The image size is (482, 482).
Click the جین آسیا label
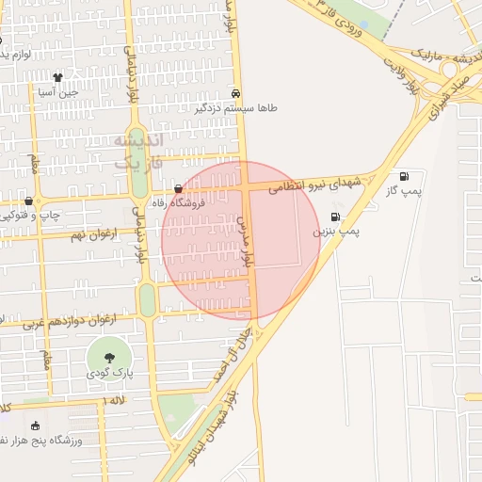tap(56, 92)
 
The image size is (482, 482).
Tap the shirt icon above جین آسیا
tap(57, 77)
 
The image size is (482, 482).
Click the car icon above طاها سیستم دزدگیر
tap(235, 94)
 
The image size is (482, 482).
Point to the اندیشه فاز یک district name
tap(138, 151)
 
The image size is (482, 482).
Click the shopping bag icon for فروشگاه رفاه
tap(179, 188)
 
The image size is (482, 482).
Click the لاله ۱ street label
tap(114, 401)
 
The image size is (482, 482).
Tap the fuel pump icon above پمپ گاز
tap(404, 176)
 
